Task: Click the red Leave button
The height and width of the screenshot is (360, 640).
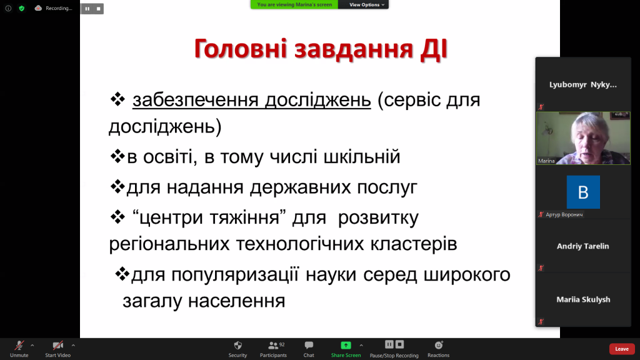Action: [x=622, y=349]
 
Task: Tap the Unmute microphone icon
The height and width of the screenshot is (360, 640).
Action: [x=19, y=346]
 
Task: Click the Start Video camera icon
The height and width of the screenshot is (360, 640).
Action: [x=58, y=346]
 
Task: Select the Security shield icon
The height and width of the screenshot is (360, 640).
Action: [x=238, y=345]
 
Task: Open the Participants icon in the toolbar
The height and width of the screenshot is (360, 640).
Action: [x=273, y=345]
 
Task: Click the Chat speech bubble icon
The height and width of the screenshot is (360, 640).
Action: [x=309, y=345]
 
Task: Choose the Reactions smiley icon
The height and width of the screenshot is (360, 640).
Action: [x=439, y=345]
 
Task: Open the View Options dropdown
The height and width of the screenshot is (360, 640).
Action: [x=366, y=4]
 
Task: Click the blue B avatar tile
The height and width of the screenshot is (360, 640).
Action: [x=583, y=192]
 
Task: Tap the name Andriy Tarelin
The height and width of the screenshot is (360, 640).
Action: [x=583, y=246]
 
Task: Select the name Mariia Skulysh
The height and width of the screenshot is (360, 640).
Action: [x=583, y=299]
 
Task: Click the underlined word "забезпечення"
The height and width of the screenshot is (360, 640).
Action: [x=196, y=101]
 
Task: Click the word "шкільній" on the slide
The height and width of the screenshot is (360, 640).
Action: [x=362, y=157]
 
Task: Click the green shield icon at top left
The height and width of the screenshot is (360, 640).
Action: [x=22, y=8]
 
